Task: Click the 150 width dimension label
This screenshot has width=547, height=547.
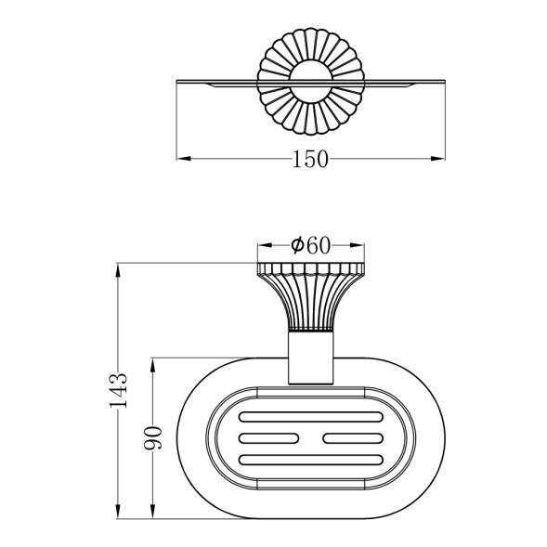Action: point(310,159)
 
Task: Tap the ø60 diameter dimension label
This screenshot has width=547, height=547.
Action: point(310,245)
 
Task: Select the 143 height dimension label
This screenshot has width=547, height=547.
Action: point(118,391)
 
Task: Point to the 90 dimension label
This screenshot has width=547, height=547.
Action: point(153,437)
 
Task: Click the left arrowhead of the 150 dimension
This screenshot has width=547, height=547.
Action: point(184,159)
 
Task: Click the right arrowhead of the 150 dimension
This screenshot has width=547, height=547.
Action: point(437,159)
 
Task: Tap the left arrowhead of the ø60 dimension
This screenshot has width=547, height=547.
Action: point(265,245)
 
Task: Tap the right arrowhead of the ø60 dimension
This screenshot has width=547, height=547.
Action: point(357,245)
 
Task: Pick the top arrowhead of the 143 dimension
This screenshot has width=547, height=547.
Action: point(118,270)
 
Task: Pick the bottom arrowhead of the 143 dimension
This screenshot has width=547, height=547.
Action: point(118,511)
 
